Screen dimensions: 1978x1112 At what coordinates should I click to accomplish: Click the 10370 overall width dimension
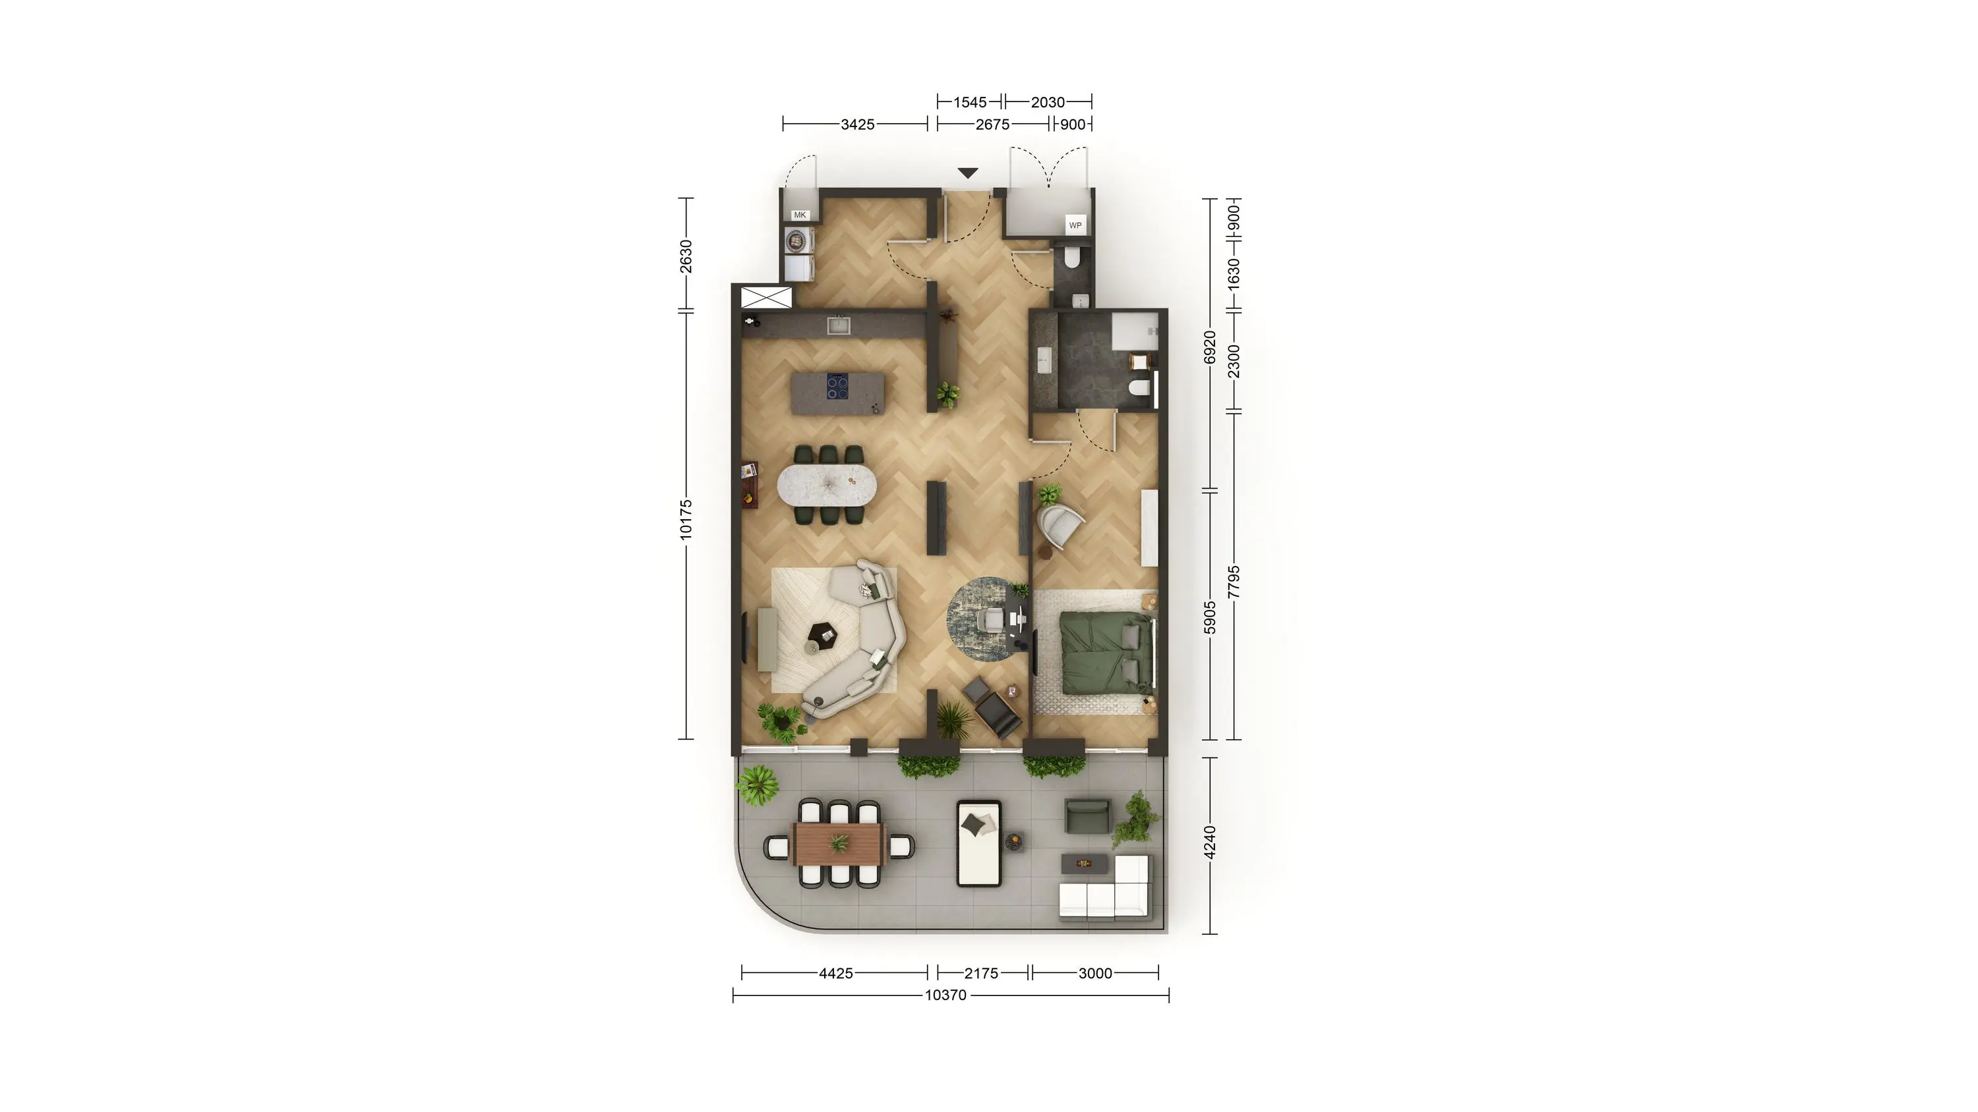(x=945, y=995)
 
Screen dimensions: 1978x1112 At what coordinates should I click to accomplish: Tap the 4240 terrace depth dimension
(x=1210, y=843)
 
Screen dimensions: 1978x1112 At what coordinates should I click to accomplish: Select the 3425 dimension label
(x=858, y=125)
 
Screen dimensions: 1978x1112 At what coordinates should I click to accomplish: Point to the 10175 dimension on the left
(x=686, y=520)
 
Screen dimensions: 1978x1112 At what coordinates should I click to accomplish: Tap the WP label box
(x=1075, y=225)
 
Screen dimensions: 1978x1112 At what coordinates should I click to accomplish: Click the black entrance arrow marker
(x=967, y=173)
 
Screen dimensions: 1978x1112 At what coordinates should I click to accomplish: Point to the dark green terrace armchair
(x=1087, y=816)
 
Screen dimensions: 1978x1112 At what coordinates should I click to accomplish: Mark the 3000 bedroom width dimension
(x=1095, y=973)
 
